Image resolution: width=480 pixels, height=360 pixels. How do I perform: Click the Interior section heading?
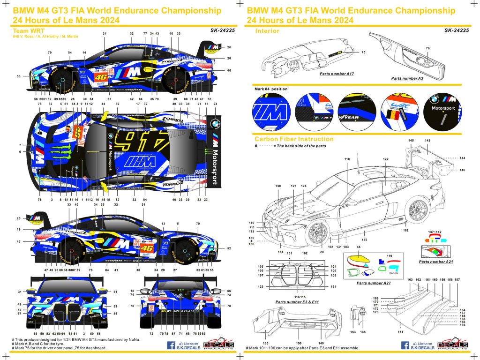(267, 31)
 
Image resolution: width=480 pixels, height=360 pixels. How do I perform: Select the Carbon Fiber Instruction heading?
(294, 139)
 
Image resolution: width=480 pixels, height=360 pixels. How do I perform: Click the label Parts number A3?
(407, 78)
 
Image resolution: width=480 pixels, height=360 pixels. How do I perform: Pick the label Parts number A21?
(435, 262)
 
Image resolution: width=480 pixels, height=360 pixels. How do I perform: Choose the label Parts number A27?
(373, 284)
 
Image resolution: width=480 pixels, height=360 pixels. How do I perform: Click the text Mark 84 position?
(271, 89)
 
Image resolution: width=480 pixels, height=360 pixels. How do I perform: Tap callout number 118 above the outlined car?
(347, 160)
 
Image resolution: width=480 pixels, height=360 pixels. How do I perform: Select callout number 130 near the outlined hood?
(278, 186)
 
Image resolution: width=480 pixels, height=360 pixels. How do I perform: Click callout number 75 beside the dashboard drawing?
(363, 52)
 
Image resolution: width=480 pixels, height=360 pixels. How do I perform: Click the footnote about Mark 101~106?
(302, 348)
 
